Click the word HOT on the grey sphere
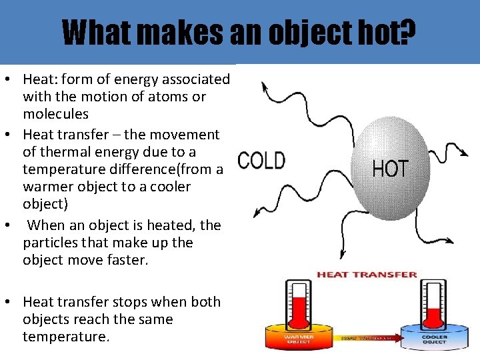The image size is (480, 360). (x=390, y=167)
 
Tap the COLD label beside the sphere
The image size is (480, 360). (x=261, y=161)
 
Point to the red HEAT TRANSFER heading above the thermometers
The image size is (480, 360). (x=367, y=274)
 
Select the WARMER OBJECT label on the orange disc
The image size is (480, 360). (x=299, y=339)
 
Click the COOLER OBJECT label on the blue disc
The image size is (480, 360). (x=433, y=339)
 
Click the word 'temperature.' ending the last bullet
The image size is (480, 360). (x=65, y=337)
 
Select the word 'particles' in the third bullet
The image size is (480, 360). (x=50, y=243)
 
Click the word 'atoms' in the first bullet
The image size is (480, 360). (x=167, y=97)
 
